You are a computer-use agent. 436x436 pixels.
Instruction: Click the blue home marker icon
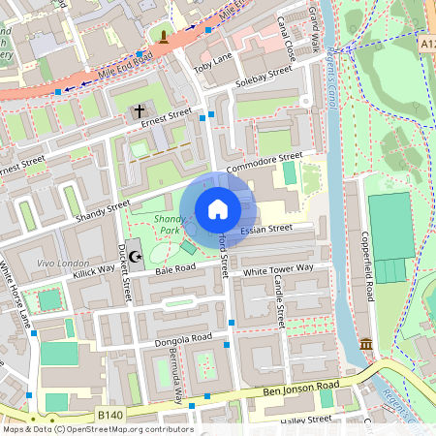(x=218, y=209)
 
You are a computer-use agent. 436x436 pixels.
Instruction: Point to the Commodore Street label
(x=265, y=161)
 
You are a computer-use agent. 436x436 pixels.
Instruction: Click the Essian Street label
(x=266, y=230)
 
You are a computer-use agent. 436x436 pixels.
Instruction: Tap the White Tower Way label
(x=278, y=267)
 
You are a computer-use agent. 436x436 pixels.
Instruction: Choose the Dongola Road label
(x=182, y=338)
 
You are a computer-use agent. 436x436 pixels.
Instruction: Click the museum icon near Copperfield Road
(x=366, y=345)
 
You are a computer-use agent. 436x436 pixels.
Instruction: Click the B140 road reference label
(x=110, y=415)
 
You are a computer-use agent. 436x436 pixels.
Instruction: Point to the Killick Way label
(x=93, y=276)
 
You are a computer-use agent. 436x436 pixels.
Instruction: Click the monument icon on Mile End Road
(x=165, y=39)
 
